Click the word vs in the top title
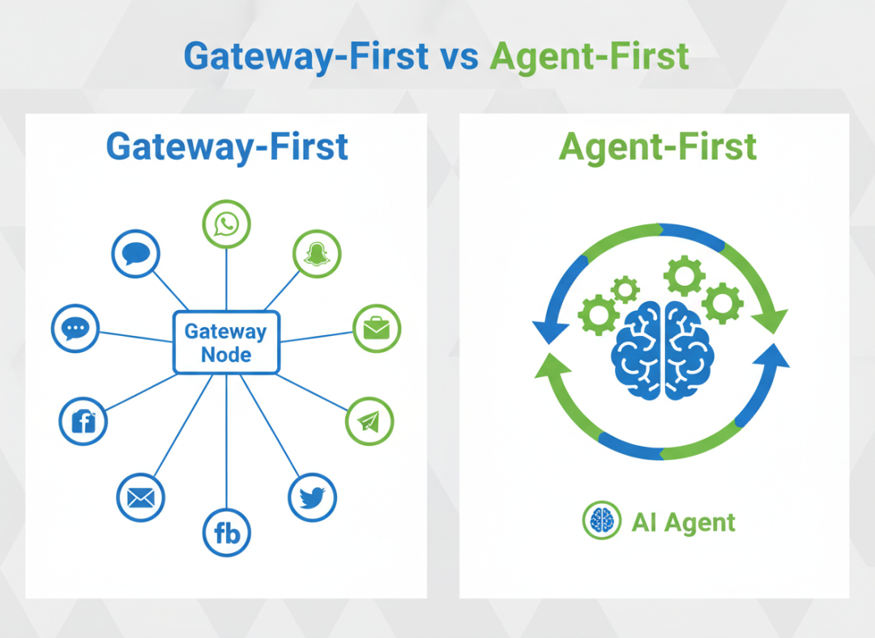459,57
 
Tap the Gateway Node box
226,342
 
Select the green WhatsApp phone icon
226,224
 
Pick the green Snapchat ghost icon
316,255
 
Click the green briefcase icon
377,329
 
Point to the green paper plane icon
369,421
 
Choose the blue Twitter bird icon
312,497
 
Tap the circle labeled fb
226,533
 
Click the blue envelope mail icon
141,497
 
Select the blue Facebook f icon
83,421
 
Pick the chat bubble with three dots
75,329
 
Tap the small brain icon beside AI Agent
601,521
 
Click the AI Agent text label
683,522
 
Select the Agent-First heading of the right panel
658,147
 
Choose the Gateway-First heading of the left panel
227,147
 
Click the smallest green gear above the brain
625,289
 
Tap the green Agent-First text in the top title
590,57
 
